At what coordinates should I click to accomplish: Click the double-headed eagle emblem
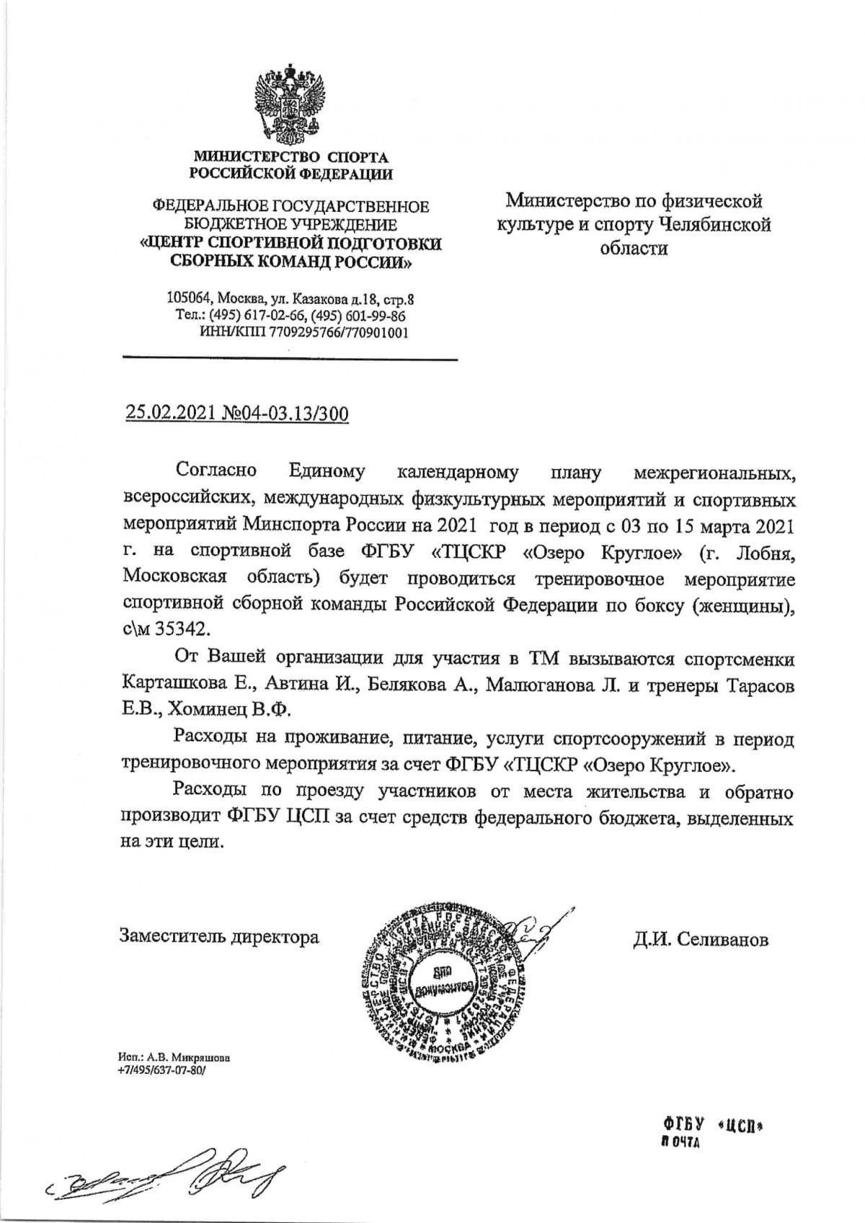290,103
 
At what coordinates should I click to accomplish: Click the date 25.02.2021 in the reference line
163,412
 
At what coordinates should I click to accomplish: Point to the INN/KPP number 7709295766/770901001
338,332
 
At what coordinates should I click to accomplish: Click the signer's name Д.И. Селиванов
701,939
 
